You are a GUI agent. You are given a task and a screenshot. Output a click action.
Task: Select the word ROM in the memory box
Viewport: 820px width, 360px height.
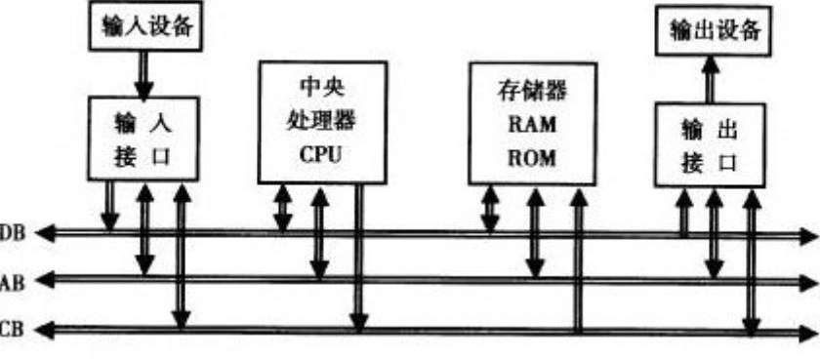[531, 157]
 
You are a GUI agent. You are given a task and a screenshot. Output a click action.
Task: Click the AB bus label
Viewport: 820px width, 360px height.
[12, 281]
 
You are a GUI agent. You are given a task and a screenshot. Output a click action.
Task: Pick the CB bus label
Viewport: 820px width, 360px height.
[12, 329]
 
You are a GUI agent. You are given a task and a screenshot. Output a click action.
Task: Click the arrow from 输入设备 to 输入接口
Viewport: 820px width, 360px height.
[143, 74]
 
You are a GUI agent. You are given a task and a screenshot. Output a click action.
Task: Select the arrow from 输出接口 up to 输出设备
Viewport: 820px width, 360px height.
[710, 80]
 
